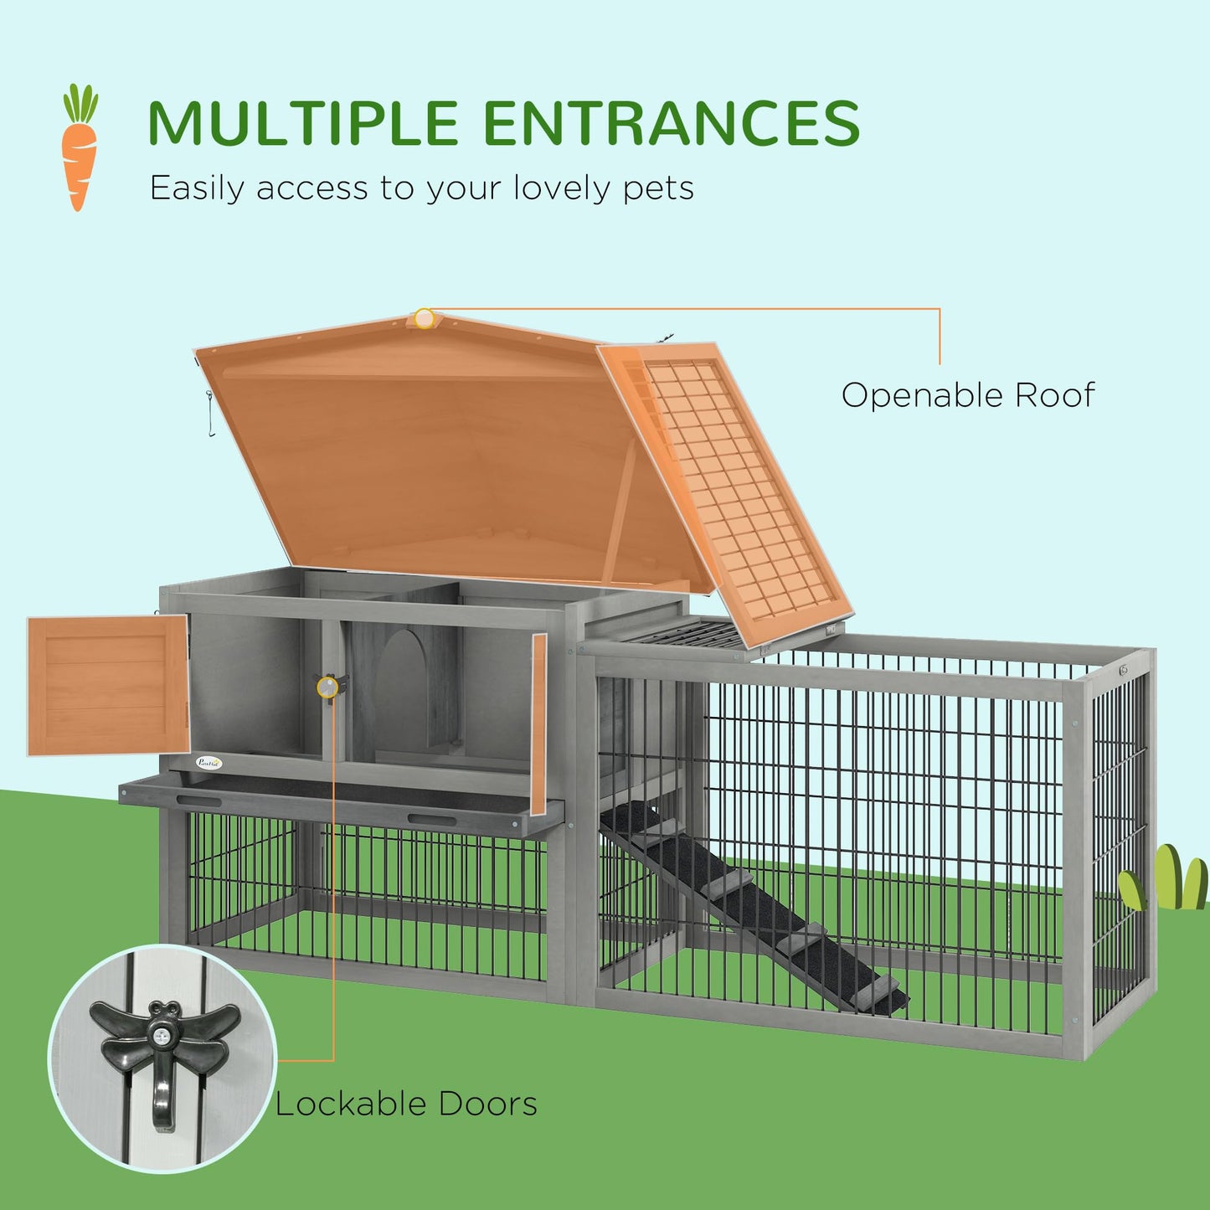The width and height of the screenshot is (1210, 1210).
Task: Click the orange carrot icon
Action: tap(79, 147)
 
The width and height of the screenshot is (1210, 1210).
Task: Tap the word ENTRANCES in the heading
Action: tap(671, 124)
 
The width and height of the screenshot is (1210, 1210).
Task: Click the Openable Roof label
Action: tap(967, 395)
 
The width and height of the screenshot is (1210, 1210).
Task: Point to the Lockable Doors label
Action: tap(406, 1104)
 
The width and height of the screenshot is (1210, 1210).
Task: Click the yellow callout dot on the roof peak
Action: tap(425, 318)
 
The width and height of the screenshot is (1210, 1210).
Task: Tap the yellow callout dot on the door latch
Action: tap(327, 687)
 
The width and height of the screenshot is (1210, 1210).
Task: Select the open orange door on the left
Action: tap(107, 685)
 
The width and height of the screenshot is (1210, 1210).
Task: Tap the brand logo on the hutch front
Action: tap(209, 762)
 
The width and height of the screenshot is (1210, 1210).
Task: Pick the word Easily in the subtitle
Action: tap(199, 189)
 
